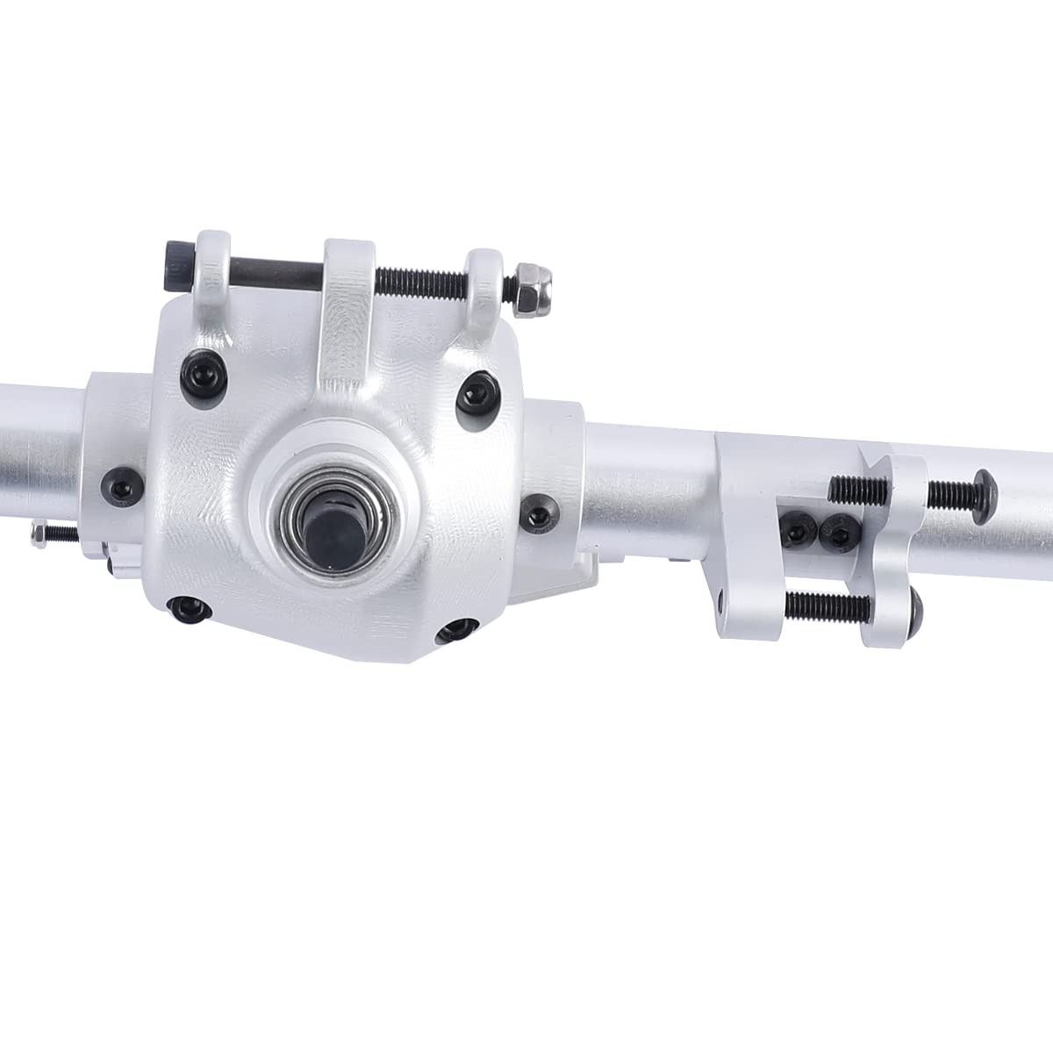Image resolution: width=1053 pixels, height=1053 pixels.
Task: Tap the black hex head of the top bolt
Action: tap(174, 261)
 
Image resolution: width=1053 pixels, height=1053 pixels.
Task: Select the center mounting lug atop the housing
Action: tap(349, 281)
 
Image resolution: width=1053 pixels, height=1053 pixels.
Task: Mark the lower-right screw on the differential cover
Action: tap(456, 628)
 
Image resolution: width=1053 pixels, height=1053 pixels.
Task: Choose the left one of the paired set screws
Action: tap(799, 528)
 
